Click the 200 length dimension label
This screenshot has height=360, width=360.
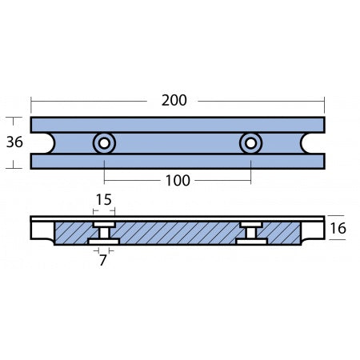coord(174,101)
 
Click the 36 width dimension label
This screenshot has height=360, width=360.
coord(14,143)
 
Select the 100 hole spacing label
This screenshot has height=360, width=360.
coord(177,180)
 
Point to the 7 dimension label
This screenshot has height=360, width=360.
coord(103,260)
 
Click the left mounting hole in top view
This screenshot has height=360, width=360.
coord(103,143)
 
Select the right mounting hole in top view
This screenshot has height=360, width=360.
coord(250,143)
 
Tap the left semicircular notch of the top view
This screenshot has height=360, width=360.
coord(38,143)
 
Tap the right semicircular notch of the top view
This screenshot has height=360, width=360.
coord(317,143)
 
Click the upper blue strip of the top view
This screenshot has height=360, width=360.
coord(178,125)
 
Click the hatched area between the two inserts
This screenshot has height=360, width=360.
coord(178,234)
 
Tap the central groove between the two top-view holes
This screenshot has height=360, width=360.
coord(178,143)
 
